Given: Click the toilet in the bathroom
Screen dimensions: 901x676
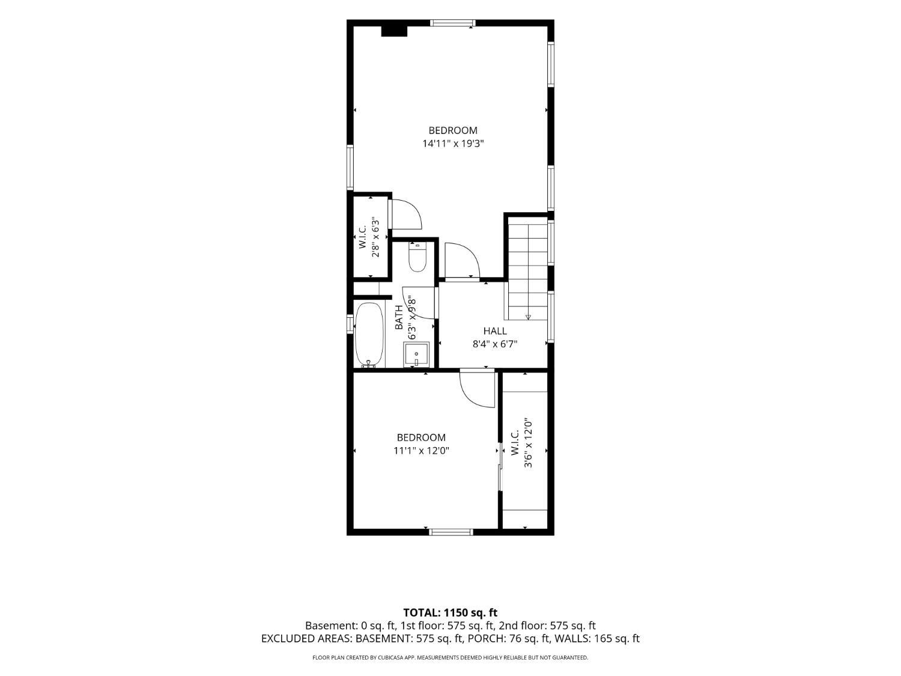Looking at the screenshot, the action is point(417,257).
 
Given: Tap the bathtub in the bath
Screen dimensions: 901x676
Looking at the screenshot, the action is point(369,335).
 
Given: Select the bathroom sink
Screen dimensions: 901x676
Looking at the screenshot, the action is point(416,354).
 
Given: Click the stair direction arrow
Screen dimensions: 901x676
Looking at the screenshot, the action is point(528,317).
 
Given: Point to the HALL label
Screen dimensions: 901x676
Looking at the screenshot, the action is point(494,331).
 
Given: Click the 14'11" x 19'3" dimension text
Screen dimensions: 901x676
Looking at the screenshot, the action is point(453,144).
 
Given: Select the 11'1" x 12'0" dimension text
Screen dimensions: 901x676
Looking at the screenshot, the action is point(421,451).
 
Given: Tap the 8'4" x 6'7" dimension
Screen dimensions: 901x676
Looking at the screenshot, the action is point(494,344).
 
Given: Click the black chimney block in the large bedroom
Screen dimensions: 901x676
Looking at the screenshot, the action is point(394,31).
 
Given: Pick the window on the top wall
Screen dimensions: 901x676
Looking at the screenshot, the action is point(453,23).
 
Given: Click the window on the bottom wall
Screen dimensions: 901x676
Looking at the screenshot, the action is point(451,532).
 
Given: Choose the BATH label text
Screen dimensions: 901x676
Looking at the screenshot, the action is point(399,317).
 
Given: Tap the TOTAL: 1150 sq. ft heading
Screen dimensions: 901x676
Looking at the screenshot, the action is point(450,613).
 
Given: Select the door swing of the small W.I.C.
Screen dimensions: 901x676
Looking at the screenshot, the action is point(405,215).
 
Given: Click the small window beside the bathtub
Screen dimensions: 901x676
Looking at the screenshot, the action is point(350,324).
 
